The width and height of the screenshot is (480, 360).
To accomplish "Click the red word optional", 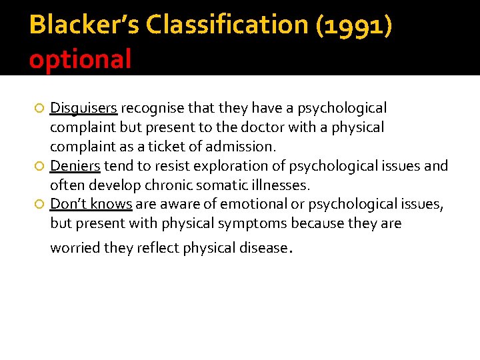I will point(80,59).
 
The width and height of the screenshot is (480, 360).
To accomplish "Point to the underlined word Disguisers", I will point(84,108).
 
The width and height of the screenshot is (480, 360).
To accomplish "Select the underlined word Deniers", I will point(75,166).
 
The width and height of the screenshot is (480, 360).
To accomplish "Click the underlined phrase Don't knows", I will point(91,204).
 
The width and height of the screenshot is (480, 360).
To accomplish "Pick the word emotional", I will point(251,204).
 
